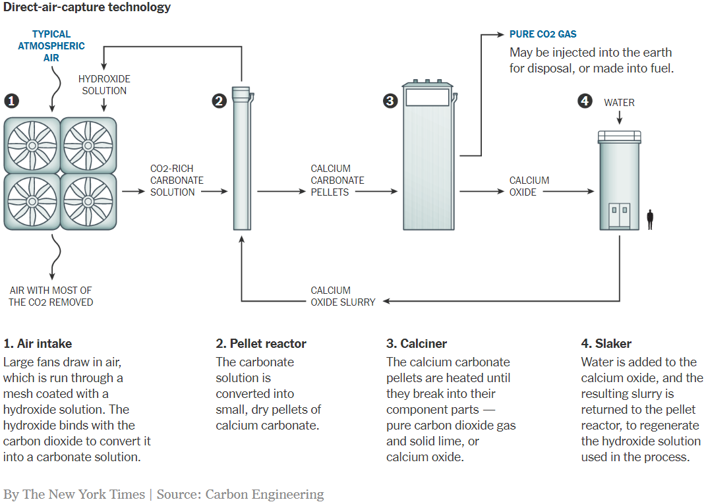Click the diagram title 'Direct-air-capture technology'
(x=87, y=8)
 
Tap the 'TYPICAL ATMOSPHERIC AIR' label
(x=51, y=46)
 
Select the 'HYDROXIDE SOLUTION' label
(x=104, y=85)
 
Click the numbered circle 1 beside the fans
(x=11, y=101)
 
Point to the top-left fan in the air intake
(x=32, y=145)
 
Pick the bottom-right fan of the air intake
(x=88, y=201)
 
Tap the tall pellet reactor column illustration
(x=242, y=158)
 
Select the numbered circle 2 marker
(x=219, y=101)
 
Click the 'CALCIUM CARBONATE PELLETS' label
(x=337, y=181)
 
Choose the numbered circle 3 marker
(x=390, y=101)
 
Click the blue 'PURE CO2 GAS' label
(x=543, y=34)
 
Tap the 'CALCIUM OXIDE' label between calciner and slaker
(x=529, y=186)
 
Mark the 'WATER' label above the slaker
(x=619, y=103)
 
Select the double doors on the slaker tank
(x=619, y=215)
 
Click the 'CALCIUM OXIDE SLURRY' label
(x=343, y=296)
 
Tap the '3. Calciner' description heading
(x=417, y=343)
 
